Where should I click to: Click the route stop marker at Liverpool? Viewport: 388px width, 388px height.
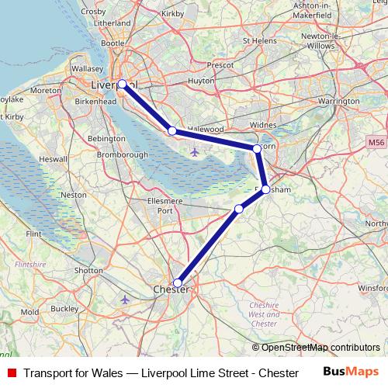coord(122,84)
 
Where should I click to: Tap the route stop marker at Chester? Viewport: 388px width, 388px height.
coord(178,283)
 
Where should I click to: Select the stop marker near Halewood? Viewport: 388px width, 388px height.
coord(172,131)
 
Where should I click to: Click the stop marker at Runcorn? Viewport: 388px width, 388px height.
coord(257,148)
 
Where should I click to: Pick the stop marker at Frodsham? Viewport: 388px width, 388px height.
coord(265,189)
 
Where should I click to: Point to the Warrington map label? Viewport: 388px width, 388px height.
coord(338,101)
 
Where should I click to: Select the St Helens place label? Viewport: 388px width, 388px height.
coord(259,40)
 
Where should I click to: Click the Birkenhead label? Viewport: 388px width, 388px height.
coord(96,102)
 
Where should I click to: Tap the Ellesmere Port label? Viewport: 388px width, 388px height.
coord(165,206)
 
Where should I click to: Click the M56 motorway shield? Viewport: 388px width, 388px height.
coord(376,143)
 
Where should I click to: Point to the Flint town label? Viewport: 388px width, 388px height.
coord(33,233)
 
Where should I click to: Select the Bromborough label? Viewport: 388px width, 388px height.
coord(123,154)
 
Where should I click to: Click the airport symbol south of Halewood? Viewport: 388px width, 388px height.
coord(193,151)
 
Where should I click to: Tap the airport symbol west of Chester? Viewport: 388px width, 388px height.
coord(126,299)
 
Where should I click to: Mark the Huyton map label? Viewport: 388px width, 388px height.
coord(201,80)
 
